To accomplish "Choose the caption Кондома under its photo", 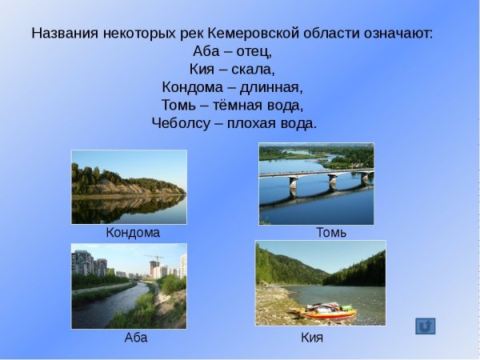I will click(x=133, y=233).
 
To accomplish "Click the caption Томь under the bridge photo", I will click(x=331, y=233).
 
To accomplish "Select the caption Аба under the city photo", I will click(x=136, y=338).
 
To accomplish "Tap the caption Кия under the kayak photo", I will click(x=312, y=338).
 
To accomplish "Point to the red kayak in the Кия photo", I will click(x=324, y=313).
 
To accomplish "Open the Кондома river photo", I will click(x=129, y=186).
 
